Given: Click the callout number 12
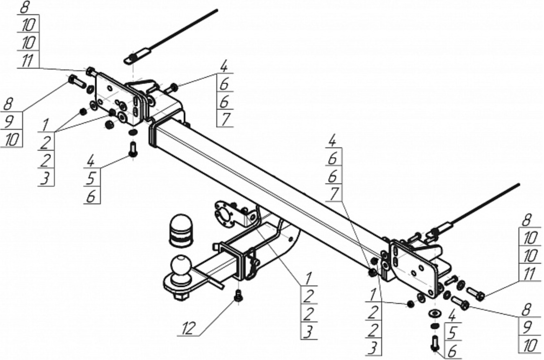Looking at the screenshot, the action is (x=189, y=328).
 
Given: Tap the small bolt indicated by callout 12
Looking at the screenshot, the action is (x=238, y=296).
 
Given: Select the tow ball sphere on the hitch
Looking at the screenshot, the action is (x=181, y=267).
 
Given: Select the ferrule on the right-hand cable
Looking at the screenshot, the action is (x=445, y=228).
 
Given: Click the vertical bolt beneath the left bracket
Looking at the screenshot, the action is (x=133, y=149).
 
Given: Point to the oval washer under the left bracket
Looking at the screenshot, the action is (x=133, y=132).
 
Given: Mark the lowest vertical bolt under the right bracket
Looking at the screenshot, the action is (x=434, y=343).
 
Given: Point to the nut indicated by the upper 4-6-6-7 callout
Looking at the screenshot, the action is (x=174, y=87).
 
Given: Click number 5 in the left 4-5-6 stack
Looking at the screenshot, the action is (x=91, y=179).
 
